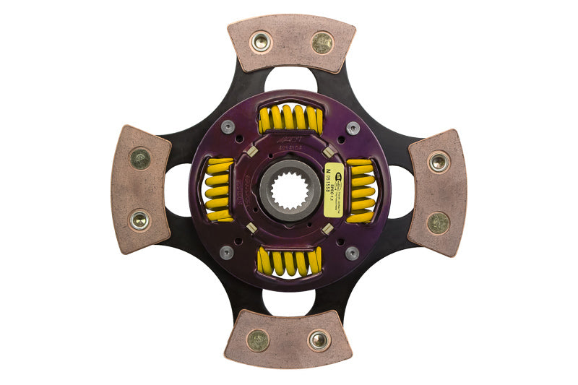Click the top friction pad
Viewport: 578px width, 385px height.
click(291, 44)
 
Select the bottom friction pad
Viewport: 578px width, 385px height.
click(288, 339)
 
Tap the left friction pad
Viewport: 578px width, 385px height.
click(140, 189)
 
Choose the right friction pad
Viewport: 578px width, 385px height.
click(437, 192)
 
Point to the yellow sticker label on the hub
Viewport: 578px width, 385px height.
click(335, 191)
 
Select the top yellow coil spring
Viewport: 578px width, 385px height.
click(290, 118)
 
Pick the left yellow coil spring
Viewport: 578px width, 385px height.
click(219, 190)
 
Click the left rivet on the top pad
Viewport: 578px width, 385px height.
click(260, 42)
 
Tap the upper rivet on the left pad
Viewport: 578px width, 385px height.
click(139, 158)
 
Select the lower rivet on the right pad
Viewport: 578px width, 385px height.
click(438, 222)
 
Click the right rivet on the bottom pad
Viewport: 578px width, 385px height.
click(318, 339)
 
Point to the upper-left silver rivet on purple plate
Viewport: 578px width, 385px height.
click(226, 128)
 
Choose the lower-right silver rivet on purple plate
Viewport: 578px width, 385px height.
click(352, 253)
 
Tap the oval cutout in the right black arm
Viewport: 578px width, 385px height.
click(402, 191)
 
